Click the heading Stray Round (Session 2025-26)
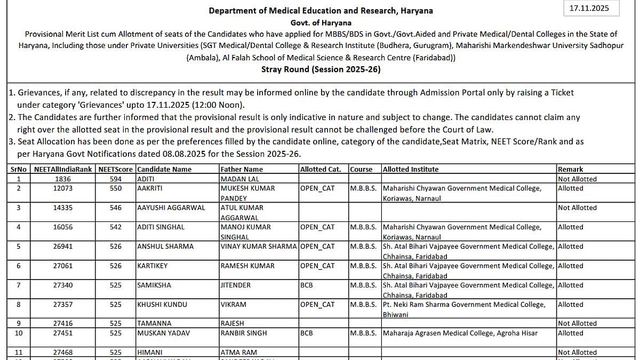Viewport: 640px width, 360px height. (x=321, y=69)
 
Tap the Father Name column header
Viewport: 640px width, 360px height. (x=242, y=169)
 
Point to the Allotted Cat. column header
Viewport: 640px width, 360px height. (x=321, y=169)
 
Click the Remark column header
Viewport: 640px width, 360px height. (x=571, y=169)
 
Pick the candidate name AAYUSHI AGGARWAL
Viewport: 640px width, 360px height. (x=171, y=208)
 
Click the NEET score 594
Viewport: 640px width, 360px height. (x=116, y=179)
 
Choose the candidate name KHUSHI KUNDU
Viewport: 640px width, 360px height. (x=162, y=305)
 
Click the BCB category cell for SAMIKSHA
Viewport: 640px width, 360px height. (x=307, y=285)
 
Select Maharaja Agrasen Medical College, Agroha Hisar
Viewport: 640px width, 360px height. (x=460, y=333)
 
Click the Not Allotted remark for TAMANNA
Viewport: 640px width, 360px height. (x=577, y=323)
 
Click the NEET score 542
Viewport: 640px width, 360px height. (x=116, y=227)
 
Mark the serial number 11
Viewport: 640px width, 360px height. (x=19, y=353)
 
